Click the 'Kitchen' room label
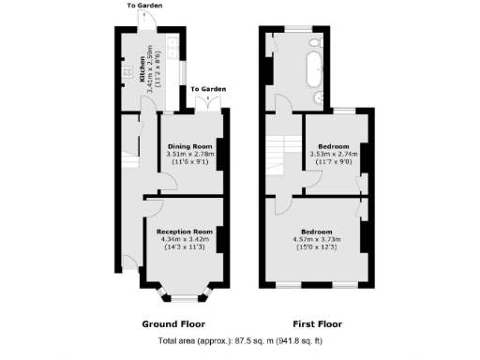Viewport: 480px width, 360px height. pyautogui.click(x=142, y=68)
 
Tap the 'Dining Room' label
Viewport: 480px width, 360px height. pyautogui.click(x=190, y=147)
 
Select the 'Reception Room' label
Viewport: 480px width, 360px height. pyautogui.click(x=184, y=231)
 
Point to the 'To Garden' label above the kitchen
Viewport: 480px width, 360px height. pyautogui.click(x=144, y=6)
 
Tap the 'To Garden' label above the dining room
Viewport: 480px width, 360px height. pyautogui.click(x=208, y=88)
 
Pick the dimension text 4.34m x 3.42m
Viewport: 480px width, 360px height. pyautogui.click(x=184, y=239)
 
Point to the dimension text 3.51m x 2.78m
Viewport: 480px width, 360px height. pyautogui.click(x=190, y=156)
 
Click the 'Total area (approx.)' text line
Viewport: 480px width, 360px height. pyautogui.click(x=240, y=341)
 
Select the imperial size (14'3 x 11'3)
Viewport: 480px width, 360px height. pyautogui.click(x=184, y=247)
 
